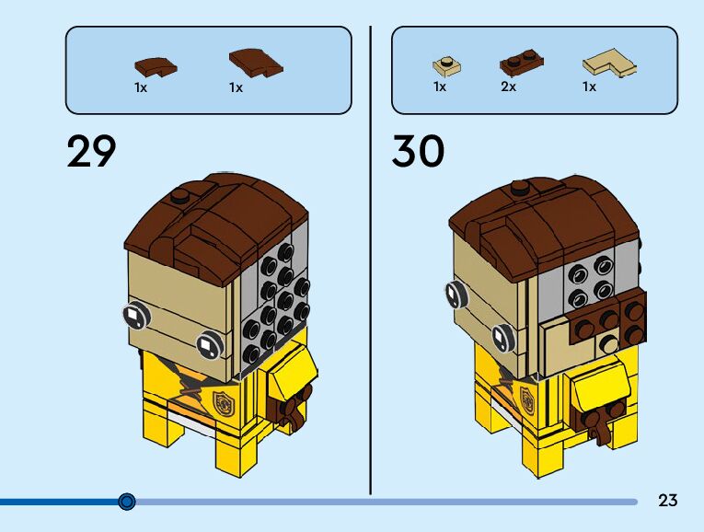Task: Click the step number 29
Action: pyautogui.click(x=92, y=151)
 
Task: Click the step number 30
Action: pyautogui.click(x=418, y=151)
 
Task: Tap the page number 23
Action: pyautogui.click(x=668, y=501)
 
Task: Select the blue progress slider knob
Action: pyautogui.click(x=127, y=502)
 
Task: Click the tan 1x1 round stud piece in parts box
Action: pyautogui.click(x=446, y=66)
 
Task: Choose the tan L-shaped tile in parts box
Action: pyautogui.click(x=609, y=64)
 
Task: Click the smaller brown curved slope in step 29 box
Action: pyautogui.click(x=155, y=66)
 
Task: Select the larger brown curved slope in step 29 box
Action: pyautogui.click(x=255, y=62)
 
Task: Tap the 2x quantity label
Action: pyautogui.click(x=508, y=87)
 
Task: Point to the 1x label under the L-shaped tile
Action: pyautogui.click(x=589, y=87)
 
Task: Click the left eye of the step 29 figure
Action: pyautogui.click(x=136, y=318)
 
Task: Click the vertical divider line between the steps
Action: pyautogui.click(x=371, y=258)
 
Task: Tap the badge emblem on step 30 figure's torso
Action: pyautogui.click(x=527, y=399)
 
